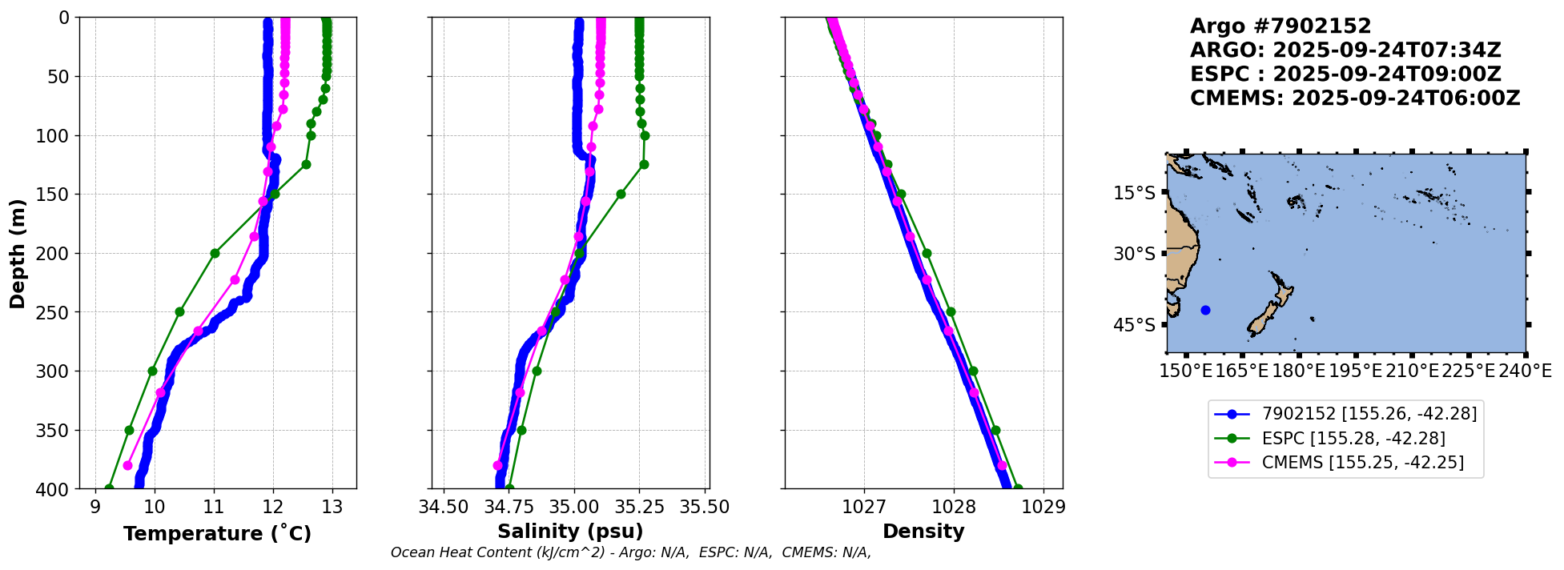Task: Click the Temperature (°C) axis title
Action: click(x=217, y=534)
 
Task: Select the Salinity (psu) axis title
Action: click(x=570, y=532)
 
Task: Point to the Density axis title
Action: click(x=923, y=532)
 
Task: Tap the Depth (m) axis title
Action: click(x=18, y=253)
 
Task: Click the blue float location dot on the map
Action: click(x=1206, y=310)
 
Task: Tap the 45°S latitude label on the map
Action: click(x=1134, y=325)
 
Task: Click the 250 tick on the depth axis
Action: click(x=56, y=312)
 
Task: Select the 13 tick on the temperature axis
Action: click(x=332, y=507)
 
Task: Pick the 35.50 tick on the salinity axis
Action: click(x=704, y=507)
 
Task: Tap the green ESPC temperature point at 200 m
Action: click(x=215, y=253)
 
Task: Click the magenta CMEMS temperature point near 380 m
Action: click(x=127, y=465)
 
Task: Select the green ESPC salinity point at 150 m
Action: click(x=621, y=194)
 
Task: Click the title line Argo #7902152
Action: click(x=1281, y=26)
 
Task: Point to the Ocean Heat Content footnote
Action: click(x=630, y=552)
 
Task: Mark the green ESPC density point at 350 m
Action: click(x=995, y=430)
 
